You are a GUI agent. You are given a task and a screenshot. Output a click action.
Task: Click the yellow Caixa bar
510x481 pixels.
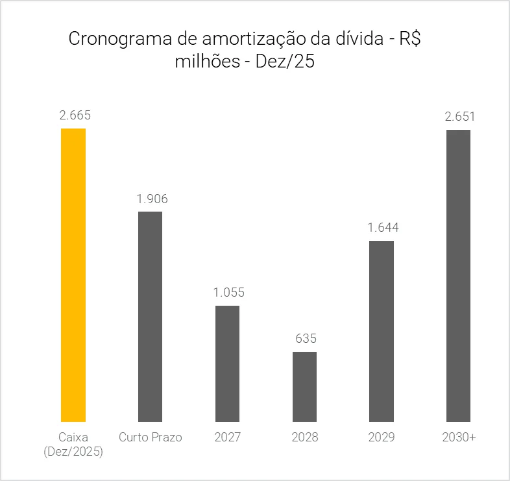pos(73,275)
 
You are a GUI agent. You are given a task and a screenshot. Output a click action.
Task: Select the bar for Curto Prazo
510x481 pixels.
pos(150,317)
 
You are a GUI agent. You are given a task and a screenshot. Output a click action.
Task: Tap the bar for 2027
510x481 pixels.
pos(227,364)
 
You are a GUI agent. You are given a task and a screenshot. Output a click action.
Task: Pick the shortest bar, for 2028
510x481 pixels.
pos(304,387)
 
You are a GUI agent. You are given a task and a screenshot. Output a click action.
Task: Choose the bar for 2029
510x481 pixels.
pos(382,331)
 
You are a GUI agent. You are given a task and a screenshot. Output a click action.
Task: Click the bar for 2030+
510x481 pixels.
pos(458,276)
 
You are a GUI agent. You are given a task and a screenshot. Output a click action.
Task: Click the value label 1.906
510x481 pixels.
pos(152,199)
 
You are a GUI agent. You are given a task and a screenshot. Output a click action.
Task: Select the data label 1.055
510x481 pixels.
pos(229,292)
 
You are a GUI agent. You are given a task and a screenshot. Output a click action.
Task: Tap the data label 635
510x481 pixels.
pos(306,339)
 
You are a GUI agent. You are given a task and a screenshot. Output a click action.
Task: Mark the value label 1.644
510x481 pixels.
pos(383,228)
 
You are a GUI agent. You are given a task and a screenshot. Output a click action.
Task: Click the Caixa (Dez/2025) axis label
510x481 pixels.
pos(73,445)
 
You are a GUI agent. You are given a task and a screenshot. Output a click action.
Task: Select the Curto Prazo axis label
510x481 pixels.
pos(151,438)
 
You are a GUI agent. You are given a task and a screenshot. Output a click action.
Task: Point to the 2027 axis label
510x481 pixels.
pos(228,438)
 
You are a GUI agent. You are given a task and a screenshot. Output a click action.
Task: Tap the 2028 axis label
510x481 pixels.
pos(305,438)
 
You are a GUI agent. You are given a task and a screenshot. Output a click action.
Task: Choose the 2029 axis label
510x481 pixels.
pos(382,438)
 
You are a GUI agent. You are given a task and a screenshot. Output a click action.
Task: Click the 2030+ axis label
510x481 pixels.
pos(459,438)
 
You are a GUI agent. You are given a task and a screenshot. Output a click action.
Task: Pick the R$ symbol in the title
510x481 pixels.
pos(410,39)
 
